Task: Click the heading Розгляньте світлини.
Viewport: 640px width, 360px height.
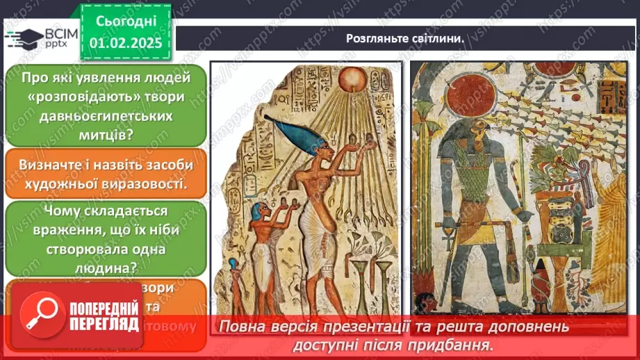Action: click(x=405, y=38)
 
